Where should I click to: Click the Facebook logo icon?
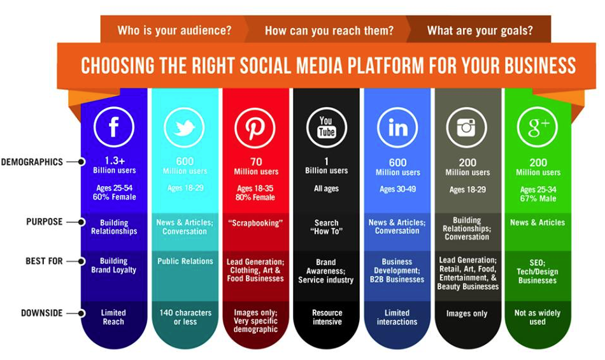pos(114,127)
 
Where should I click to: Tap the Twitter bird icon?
pos(184,127)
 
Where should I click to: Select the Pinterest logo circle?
pos(255,127)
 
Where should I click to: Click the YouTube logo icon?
pos(327,127)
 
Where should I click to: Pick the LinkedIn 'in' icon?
pos(397,127)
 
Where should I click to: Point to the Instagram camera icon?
pos(467,127)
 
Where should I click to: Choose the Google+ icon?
pos(537,127)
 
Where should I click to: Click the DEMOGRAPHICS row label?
pos(32,162)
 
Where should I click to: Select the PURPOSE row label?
pos(44,222)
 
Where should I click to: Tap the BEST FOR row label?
pos(43,261)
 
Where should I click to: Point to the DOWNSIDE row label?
pos(41,313)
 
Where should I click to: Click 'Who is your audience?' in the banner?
pos(174,30)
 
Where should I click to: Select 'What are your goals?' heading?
pos(480,30)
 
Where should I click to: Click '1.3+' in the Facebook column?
pos(115,161)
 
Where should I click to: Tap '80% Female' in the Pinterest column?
pos(255,197)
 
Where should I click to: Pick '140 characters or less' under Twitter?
pos(185,317)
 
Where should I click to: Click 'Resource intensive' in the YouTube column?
pos(327,317)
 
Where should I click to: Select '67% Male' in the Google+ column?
pos(538,199)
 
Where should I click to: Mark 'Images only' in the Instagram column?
pos(467,313)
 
